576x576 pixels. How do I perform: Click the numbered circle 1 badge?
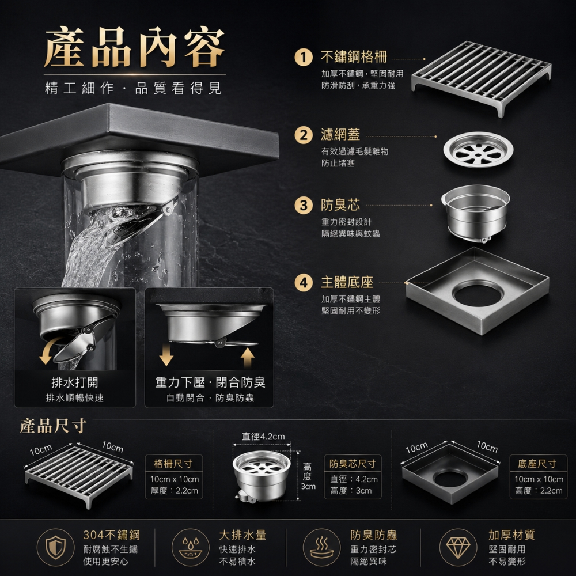tap(304, 58)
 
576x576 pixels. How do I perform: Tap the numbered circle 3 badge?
tap(304, 205)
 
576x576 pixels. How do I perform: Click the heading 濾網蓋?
tap(340, 134)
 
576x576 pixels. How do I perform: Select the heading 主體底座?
tap(347, 282)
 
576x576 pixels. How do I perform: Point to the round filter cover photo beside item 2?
tap(478, 150)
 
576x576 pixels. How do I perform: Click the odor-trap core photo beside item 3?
tap(476, 213)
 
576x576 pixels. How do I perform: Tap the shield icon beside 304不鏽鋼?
tap(55, 547)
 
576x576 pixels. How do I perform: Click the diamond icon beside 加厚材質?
tap(458, 547)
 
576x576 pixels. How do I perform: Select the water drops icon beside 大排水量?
tap(190, 547)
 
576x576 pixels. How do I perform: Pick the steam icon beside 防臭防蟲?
tap(321, 547)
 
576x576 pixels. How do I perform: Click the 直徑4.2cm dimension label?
tap(263, 437)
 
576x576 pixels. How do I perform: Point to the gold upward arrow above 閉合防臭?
tap(248, 357)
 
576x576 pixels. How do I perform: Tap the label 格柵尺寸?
tap(173, 464)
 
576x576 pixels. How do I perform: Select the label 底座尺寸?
tap(537, 464)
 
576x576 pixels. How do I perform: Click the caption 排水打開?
tap(74, 382)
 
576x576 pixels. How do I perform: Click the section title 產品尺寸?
tap(53, 426)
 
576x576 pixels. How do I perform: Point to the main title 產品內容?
tap(134, 47)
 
